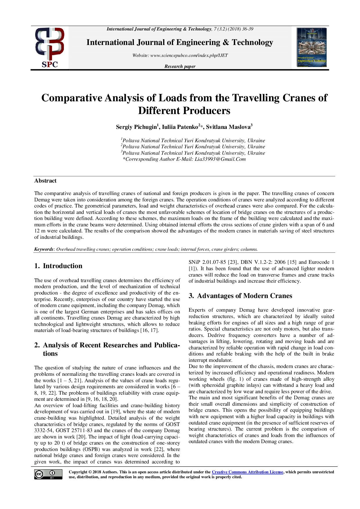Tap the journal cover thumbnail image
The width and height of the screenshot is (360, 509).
(x=312, y=47)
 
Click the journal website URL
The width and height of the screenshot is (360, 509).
(x=189, y=55)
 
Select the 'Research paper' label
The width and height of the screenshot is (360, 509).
(x=180, y=66)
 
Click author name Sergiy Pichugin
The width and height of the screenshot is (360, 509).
(x=136, y=127)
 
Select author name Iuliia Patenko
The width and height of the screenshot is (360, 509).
(x=180, y=127)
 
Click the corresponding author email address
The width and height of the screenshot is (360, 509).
(x=220, y=159)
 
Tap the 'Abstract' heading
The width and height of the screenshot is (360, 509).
(x=45, y=181)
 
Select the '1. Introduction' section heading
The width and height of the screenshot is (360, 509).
(x=58, y=266)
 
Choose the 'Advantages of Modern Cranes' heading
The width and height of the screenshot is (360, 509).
(x=244, y=296)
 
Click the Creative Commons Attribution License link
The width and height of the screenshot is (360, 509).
(x=247, y=472)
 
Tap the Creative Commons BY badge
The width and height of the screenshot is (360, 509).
(x=48, y=474)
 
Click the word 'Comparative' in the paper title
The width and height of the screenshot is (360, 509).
(x=72, y=98)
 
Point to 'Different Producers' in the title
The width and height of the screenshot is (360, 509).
(x=184, y=111)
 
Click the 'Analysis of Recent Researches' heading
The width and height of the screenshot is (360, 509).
(x=107, y=345)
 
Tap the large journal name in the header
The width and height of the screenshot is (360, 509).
(x=180, y=43)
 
